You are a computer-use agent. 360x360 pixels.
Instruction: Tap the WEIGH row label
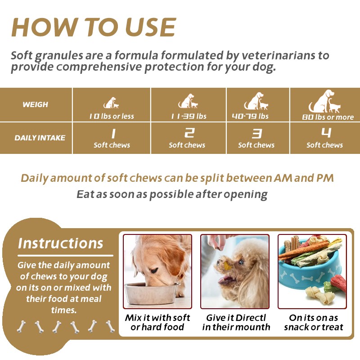pos(35,104)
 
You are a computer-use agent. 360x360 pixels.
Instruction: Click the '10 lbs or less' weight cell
pos(111,116)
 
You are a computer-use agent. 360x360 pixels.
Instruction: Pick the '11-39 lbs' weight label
pos(189,116)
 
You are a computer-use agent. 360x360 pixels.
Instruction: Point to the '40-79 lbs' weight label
pos(250,116)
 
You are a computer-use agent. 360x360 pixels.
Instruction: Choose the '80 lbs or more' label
pos(328,117)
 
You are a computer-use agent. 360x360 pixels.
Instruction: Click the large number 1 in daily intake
pos(113,133)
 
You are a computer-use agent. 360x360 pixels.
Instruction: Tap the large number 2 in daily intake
pos(189,133)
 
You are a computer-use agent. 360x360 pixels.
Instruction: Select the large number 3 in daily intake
pos(256,133)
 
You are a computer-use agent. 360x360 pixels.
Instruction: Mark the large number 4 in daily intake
pos(326,133)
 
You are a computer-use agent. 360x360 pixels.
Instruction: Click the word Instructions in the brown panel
pos(60,243)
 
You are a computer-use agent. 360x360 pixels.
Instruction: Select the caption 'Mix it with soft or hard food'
pos(157,322)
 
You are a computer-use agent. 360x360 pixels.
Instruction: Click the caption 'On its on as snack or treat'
pos(314,322)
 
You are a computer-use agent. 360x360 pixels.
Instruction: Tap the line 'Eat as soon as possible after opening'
pos(172,194)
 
